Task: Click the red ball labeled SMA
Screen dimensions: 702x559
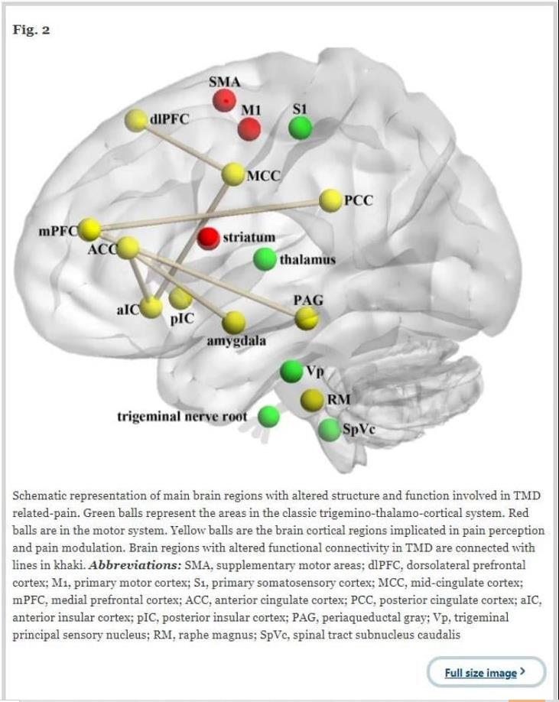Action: tap(224, 99)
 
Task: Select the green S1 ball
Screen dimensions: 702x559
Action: tap(300, 128)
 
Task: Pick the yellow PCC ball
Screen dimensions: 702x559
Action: tap(330, 200)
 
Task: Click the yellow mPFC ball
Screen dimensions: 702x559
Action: tap(90, 228)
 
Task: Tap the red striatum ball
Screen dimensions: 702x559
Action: tap(209, 239)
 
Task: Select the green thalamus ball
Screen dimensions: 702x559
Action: tap(265, 259)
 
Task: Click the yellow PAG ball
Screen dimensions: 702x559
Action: tap(307, 318)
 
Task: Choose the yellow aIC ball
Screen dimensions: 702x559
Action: tap(151, 307)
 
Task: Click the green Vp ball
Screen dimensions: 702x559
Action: tap(291, 372)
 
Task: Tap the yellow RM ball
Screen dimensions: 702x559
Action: tap(311, 400)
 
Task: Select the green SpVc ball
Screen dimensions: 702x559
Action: tap(329, 429)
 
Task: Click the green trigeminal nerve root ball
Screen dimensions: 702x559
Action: tap(268, 417)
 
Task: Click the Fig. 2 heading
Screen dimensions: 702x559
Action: tap(31, 31)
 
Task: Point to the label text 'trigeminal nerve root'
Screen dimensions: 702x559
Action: tap(182, 417)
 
